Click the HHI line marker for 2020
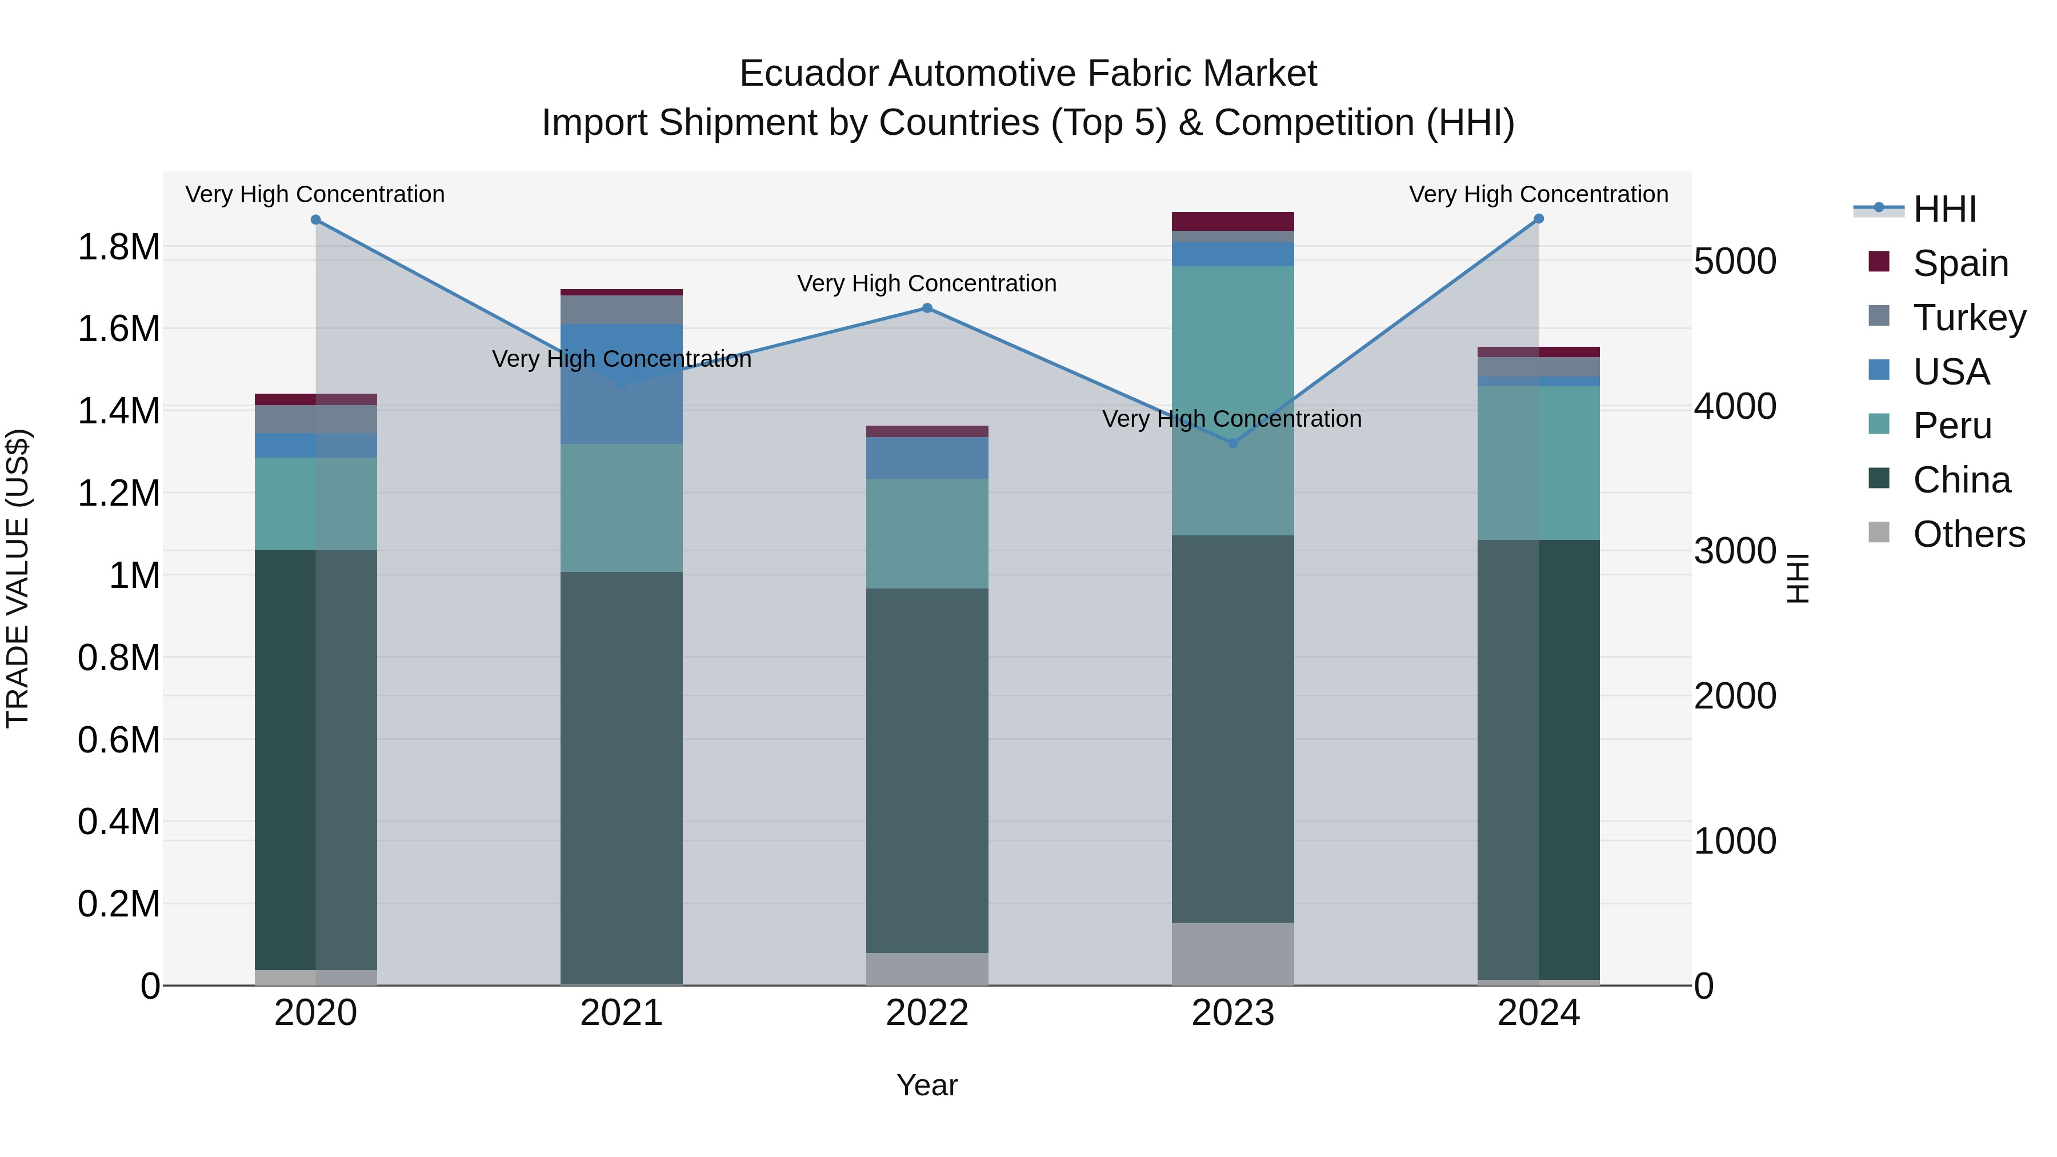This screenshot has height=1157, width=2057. point(315,219)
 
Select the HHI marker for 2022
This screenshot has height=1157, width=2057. point(927,308)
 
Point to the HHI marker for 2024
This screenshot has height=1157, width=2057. point(1539,219)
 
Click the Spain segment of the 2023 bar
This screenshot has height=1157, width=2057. point(1233,221)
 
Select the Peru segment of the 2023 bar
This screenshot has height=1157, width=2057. point(1233,399)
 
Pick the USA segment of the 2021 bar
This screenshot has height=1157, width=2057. point(621,383)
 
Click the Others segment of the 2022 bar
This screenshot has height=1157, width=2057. point(927,968)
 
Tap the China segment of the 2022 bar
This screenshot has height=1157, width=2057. point(927,771)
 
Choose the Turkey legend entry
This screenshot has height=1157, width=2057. point(1969,317)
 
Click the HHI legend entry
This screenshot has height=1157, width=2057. point(1945,209)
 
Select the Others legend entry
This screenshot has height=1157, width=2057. point(1969,534)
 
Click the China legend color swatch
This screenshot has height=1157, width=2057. point(1879,479)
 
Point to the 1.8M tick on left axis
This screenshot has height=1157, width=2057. point(118,247)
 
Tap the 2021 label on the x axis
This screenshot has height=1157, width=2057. point(621,1013)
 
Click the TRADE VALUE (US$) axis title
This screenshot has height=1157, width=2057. point(18,578)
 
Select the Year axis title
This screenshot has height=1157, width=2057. point(927,1085)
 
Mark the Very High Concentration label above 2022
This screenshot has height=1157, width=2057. point(927,283)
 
